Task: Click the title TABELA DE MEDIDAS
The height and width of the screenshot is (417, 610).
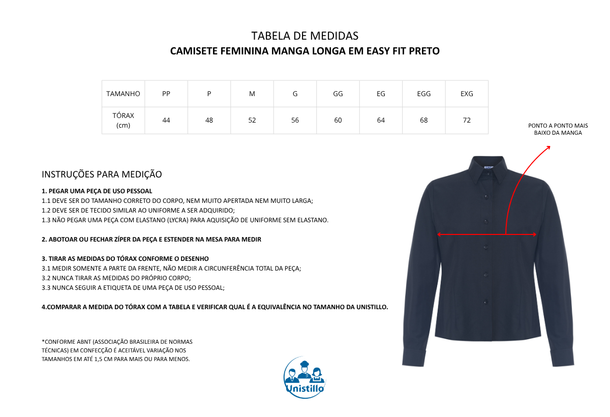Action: [304, 36]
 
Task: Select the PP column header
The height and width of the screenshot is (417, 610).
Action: [166, 94]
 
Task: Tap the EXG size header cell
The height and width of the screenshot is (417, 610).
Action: [467, 94]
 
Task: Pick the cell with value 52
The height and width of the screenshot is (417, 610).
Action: [252, 121]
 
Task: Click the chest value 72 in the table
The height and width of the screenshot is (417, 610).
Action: [467, 121]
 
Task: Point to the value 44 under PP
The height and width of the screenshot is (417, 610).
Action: [166, 121]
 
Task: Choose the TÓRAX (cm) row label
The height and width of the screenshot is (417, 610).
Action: [124, 121]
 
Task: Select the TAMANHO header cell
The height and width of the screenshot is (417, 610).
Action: [123, 94]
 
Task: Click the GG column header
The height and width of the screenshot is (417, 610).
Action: [338, 94]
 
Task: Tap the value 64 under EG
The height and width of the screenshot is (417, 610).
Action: [381, 121]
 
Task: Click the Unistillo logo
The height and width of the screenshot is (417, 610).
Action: [304, 377]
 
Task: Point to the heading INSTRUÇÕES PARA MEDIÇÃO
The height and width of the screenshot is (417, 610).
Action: [102, 174]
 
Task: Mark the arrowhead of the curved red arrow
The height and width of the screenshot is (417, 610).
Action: [548, 148]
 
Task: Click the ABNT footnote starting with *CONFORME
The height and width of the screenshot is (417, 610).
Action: [117, 350]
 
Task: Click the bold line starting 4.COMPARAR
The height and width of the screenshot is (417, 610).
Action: [215, 307]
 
